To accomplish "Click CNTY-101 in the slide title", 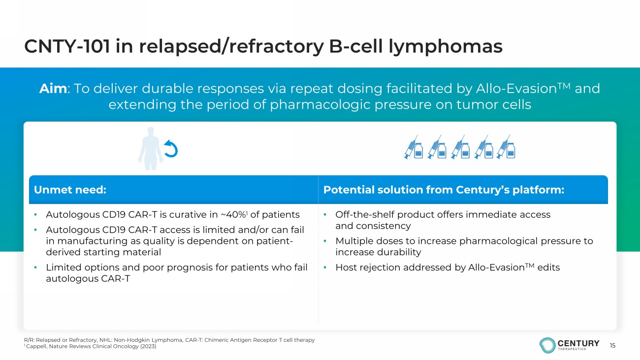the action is pos(67,46).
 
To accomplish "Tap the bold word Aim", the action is pos(53,89).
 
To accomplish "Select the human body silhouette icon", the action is pos(151,149).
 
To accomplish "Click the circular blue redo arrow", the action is pos(171,149).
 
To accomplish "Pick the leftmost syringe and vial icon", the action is pos(414,147).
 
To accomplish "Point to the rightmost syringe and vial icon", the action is pos(506,147).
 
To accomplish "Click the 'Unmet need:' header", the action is pos(70,190).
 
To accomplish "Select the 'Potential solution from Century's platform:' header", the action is pos(444,190).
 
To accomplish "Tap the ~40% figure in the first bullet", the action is pos(233,215).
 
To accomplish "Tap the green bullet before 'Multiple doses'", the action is pos(325,241).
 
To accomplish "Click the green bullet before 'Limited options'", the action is pos(35,267).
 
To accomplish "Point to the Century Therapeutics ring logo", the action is pos(547,345).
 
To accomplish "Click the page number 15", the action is pos(612,345).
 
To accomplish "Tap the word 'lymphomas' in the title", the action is pos(446,47).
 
